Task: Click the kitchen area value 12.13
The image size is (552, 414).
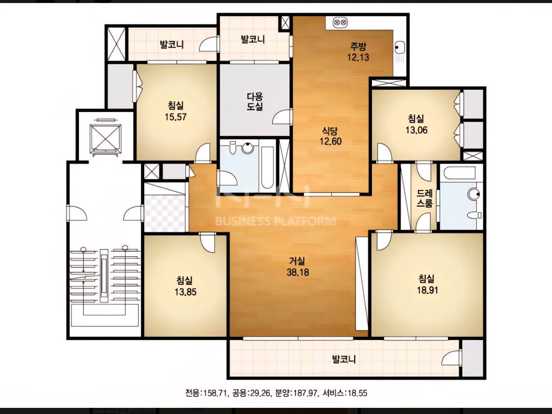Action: click(358, 58)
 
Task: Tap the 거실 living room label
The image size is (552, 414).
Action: click(297, 261)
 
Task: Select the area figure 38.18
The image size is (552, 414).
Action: click(298, 272)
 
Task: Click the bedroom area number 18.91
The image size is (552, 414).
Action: click(427, 290)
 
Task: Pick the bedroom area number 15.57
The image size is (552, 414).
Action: click(176, 117)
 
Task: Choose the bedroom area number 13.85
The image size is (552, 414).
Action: click(185, 292)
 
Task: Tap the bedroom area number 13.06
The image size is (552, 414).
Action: click(416, 130)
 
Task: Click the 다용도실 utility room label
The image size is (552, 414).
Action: click(255, 101)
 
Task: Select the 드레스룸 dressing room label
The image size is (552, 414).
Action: click(424, 198)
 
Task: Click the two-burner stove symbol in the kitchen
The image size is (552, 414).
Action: click(340, 22)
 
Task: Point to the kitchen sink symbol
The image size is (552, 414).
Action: click(399, 47)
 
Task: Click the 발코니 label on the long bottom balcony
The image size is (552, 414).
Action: click(344, 359)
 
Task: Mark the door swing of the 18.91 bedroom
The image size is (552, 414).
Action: click(383, 240)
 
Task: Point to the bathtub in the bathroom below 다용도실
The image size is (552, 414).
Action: click(267, 167)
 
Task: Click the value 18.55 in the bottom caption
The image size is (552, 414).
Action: click(357, 393)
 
